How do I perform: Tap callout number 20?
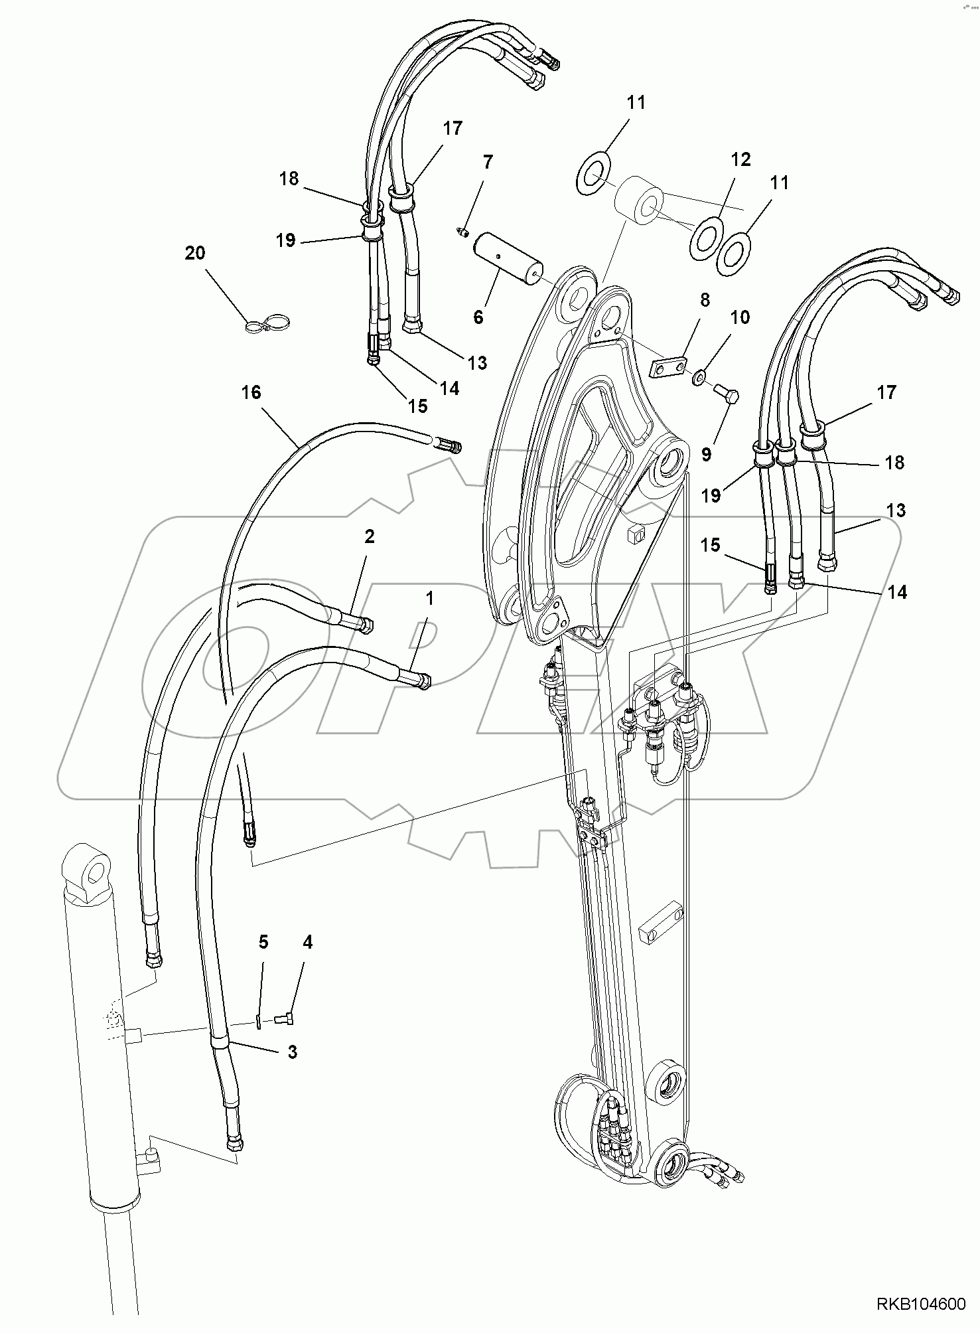point(195,253)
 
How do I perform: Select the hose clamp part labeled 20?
point(268,325)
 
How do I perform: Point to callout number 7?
point(488,161)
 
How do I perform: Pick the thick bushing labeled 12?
point(639,197)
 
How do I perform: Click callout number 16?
point(251,392)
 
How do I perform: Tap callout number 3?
point(292,1052)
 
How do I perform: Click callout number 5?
point(263,942)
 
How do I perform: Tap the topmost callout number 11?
point(636,102)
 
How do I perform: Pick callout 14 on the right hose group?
point(897,591)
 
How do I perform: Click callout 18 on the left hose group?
point(289,179)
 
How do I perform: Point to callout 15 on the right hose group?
point(710,545)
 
